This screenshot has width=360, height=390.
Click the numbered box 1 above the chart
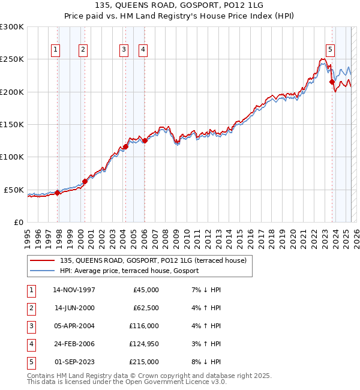(55, 50)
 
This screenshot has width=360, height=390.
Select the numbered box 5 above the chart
(330, 50)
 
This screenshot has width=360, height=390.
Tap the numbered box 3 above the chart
(123, 50)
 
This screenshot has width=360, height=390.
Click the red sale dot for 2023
(332, 82)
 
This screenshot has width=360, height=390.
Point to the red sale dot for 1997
(58, 193)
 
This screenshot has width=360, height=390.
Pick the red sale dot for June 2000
(85, 181)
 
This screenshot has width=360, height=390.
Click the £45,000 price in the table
(146, 290)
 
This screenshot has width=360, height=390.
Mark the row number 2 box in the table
(31, 308)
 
